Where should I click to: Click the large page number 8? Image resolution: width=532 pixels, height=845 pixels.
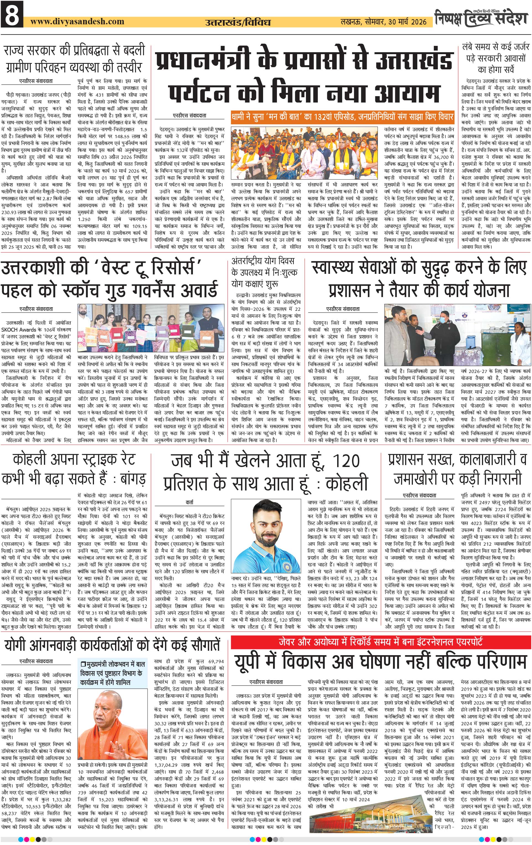(x=12, y=15)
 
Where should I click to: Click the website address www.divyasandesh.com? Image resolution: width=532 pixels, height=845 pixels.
(x=77, y=21)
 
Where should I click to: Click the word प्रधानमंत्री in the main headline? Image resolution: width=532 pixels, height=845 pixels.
(x=203, y=60)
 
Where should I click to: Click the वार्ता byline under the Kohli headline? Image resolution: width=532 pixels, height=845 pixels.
(x=190, y=502)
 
